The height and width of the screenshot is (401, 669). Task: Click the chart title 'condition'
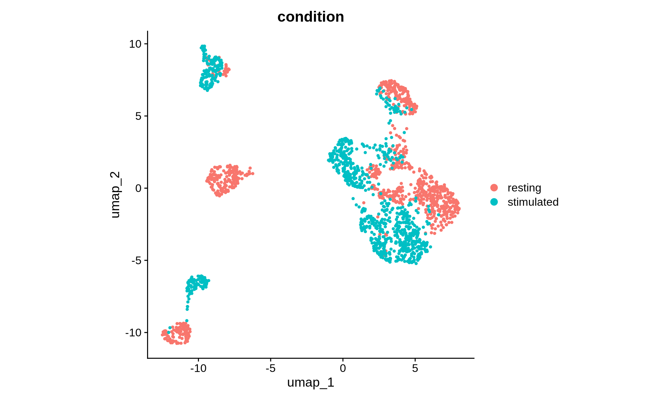310,17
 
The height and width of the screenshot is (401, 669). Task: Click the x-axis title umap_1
310,382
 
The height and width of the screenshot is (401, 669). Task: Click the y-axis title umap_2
115,195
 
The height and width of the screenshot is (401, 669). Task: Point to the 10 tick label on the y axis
135,44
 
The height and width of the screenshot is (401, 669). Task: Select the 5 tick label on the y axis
138,116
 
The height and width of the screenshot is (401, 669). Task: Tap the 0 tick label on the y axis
138,188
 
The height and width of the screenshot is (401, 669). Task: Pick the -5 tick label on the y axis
137,260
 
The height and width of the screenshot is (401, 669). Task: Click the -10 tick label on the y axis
133,333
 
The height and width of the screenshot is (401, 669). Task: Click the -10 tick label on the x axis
198,368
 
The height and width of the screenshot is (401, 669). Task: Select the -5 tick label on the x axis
270,368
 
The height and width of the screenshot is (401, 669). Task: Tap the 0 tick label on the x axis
343,368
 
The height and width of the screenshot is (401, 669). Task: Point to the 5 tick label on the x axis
415,368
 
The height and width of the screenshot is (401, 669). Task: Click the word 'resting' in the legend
524,188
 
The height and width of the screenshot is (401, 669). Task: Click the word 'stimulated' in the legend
533,202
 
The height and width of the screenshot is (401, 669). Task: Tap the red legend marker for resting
494,188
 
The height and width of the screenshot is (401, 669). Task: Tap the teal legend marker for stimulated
494,202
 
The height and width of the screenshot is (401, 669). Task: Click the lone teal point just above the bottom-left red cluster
187,321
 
